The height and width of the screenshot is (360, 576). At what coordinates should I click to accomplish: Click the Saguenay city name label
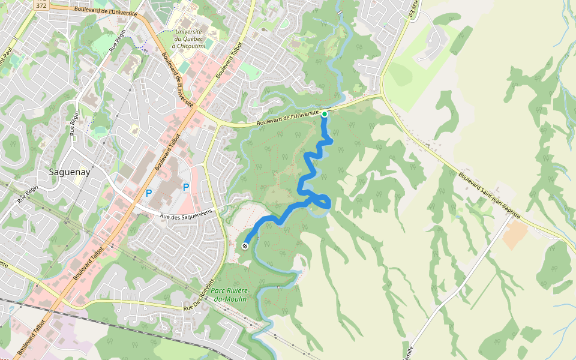(68, 172)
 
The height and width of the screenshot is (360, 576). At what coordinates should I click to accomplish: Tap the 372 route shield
(41, 5)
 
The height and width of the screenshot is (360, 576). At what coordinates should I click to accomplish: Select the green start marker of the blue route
(325, 113)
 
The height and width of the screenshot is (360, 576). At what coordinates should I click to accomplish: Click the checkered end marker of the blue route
(245, 246)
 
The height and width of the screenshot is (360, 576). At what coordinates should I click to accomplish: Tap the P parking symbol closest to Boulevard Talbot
(149, 193)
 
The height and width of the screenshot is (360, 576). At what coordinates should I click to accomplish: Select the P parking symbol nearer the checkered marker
(186, 187)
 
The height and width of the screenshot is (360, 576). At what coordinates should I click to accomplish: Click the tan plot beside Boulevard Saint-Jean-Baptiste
(515, 235)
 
